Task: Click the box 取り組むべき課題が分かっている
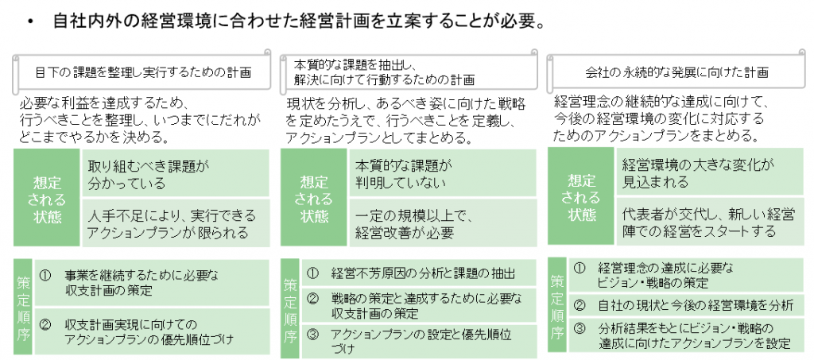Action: point(176,173)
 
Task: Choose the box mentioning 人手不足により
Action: point(176,223)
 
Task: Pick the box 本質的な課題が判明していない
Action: point(443,173)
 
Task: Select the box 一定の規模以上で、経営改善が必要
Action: point(443,223)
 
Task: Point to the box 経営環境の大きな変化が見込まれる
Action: point(710,173)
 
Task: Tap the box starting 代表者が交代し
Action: point(710,223)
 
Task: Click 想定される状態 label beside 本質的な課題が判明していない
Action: point(314,198)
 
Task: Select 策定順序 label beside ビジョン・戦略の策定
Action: point(557,305)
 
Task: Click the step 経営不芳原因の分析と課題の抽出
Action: point(419,273)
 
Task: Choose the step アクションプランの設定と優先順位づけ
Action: point(419,342)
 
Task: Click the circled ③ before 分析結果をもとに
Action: point(579,328)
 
